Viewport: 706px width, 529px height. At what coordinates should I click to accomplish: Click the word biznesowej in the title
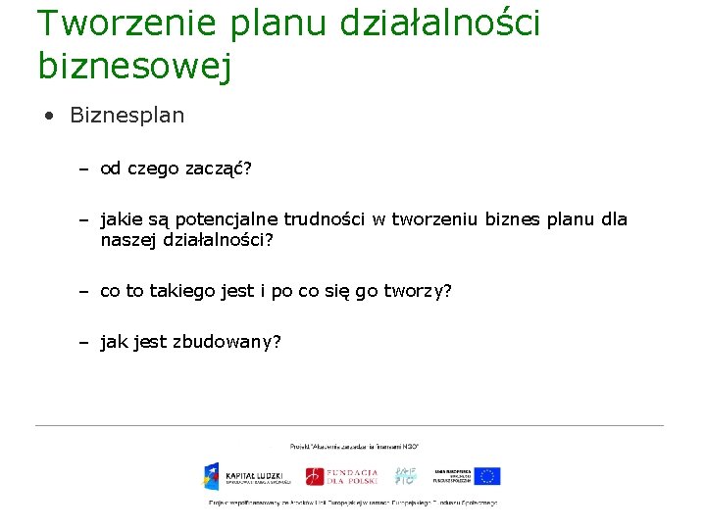pos(134,66)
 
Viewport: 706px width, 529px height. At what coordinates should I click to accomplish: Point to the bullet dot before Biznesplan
pos(49,116)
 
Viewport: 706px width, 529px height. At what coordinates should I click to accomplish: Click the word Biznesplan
pos(126,115)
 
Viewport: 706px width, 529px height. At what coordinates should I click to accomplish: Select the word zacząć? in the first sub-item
pos(219,168)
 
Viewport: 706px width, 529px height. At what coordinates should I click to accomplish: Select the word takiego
pos(186,291)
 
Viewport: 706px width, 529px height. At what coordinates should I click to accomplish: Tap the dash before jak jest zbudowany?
pos(85,342)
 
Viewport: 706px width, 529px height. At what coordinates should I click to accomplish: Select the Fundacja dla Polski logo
pos(341,476)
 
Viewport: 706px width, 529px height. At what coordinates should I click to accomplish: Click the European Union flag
pos(487,476)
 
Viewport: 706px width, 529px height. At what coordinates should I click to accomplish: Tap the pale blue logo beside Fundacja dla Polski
pos(405,476)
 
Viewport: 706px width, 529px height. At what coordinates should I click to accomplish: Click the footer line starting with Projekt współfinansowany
pos(353,503)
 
